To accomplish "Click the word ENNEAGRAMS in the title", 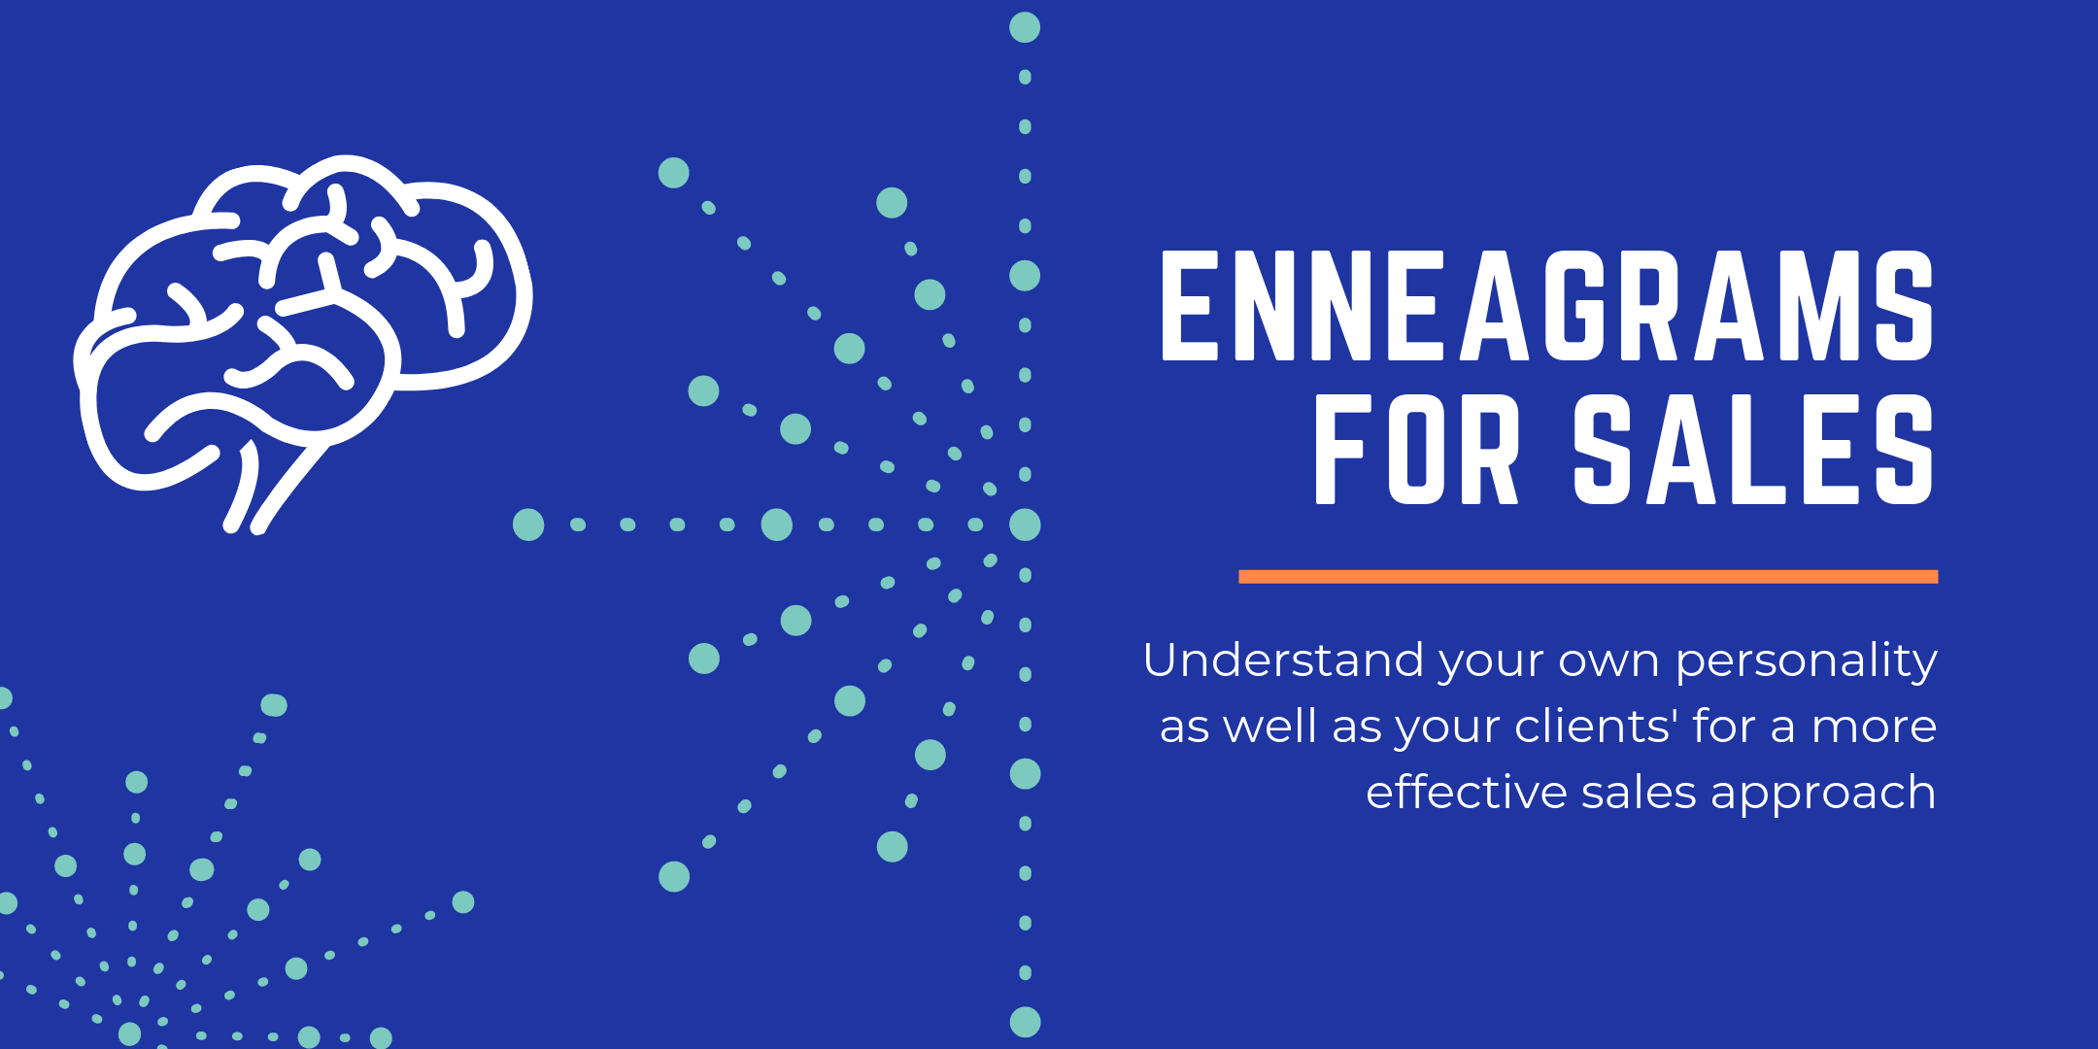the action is [x=1547, y=305].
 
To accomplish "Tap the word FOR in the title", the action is [x=1416, y=450].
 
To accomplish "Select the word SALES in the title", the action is [x=1753, y=450].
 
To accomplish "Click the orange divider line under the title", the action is [x=1588, y=577].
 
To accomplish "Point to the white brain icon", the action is [x=303, y=344].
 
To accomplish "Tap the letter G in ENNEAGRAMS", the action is [x=1580, y=305].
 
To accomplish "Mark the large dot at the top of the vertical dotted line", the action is [x=1025, y=27].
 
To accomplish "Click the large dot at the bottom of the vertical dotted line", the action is [x=1025, y=1022].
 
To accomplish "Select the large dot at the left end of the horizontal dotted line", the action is [x=528, y=524].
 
